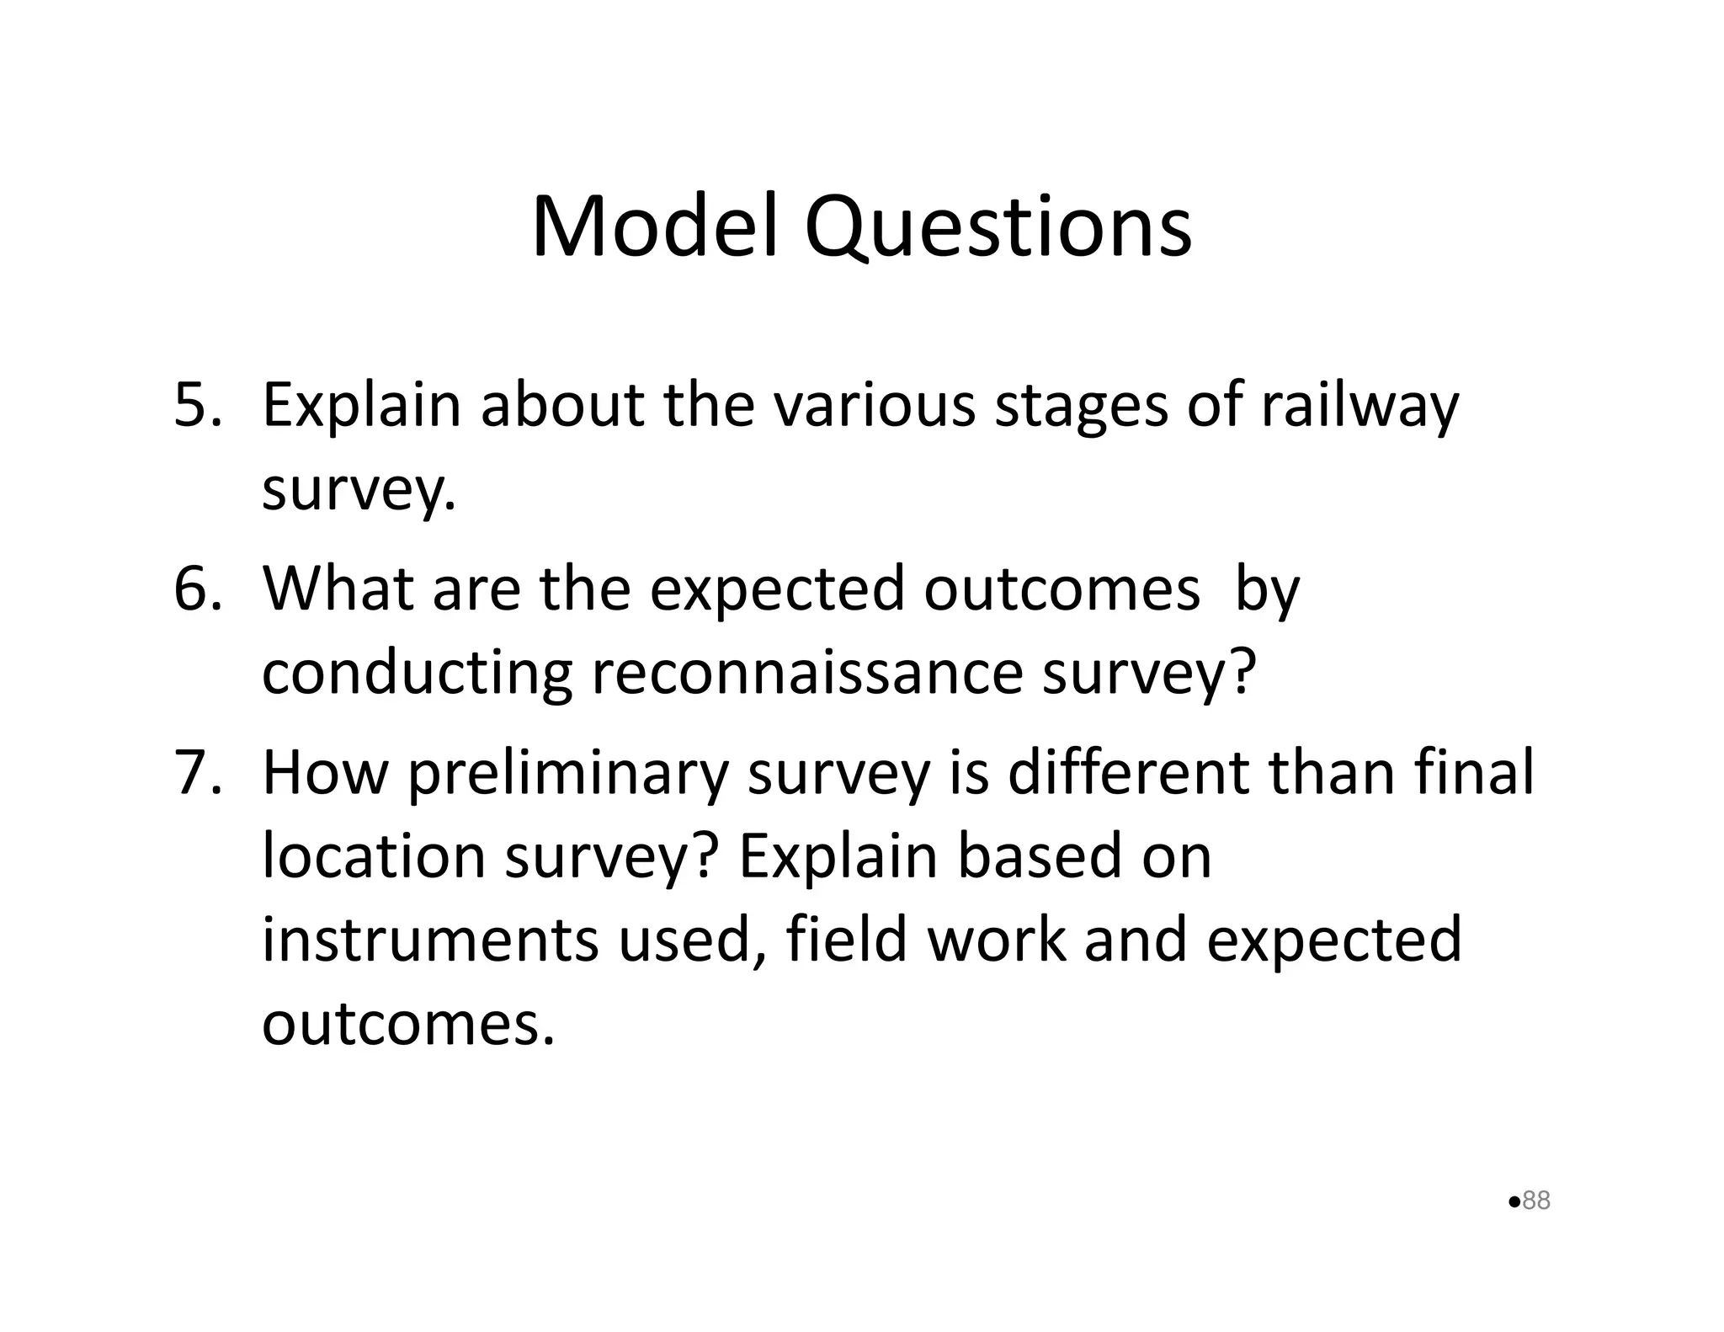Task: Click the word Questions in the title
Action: (998, 227)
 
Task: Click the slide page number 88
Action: (1536, 1200)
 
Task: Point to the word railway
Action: (1359, 406)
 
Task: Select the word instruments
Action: (430, 940)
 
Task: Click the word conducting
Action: (418, 674)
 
